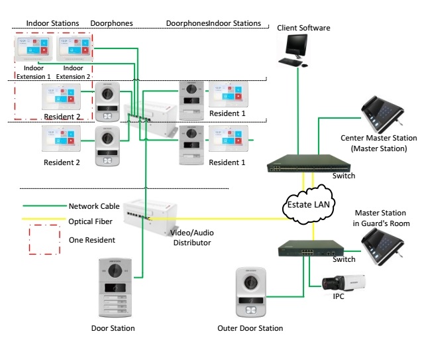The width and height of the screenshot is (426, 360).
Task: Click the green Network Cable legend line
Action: pos(42,206)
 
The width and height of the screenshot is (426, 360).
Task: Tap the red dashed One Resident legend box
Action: pos(42,240)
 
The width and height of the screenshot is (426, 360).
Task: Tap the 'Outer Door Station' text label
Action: pos(250,328)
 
